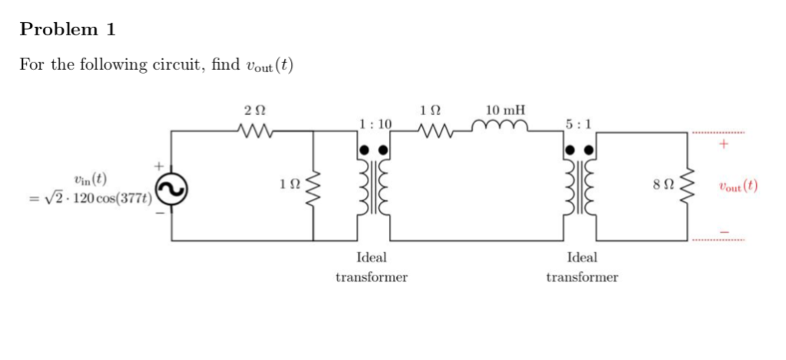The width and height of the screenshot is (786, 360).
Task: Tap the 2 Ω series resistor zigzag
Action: [251, 132]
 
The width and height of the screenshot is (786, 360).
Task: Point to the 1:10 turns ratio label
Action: [375, 123]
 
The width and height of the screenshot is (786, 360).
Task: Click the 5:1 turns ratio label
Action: [577, 123]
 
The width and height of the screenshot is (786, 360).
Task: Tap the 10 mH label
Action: [504, 110]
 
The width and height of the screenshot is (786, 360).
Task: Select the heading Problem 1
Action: [68, 30]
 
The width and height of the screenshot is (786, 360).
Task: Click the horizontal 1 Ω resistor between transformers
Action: [435, 132]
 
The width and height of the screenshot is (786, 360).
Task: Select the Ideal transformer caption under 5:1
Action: [581, 267]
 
